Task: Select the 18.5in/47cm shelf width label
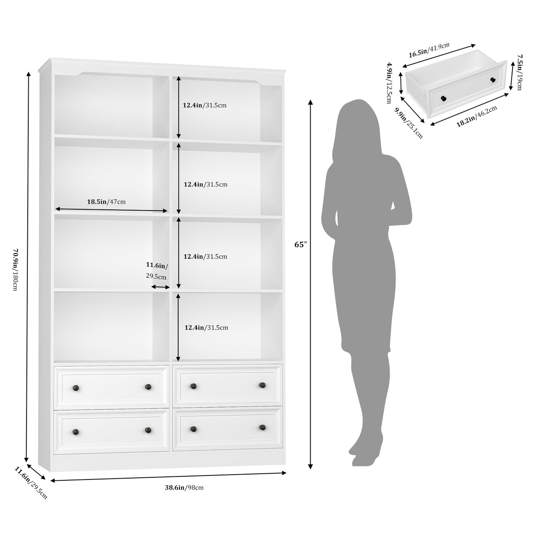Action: [106, 202]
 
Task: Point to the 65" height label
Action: [300, 245]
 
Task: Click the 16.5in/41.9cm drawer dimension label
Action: [429, 51]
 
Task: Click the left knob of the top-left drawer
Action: [75, 387]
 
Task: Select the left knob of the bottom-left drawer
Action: [75, 431]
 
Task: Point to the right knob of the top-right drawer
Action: [263, 385]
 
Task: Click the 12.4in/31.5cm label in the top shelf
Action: [204, 105]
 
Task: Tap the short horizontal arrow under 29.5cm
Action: [160, 287]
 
